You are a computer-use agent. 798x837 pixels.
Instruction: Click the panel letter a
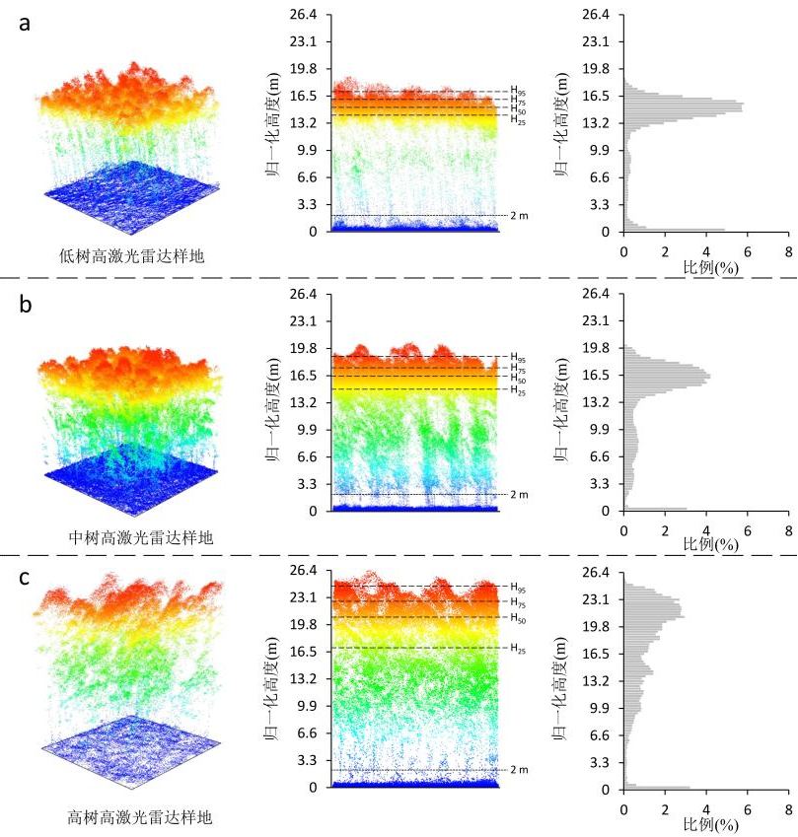tap(25, 25)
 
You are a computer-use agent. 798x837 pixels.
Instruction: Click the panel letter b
tap(25, 304)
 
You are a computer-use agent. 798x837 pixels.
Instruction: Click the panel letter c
tap(24, 578)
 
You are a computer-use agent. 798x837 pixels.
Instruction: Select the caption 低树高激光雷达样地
tap(131, 256)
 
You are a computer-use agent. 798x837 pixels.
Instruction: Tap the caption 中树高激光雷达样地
tap(141, 537)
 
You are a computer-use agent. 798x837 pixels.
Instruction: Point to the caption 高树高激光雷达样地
tap(140, 816)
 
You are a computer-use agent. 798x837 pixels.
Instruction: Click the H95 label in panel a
tap(518, 91)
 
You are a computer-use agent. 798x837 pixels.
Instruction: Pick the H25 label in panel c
tap(518, 649)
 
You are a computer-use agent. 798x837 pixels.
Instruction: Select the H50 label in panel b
tap(518, 378)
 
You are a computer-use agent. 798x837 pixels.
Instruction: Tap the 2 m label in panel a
tap(519, 216)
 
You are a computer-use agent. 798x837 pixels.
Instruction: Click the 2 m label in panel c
tap(519, 770)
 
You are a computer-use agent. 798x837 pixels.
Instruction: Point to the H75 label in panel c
tap(518, 602)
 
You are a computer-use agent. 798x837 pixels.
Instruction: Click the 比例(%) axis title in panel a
tap(711, 266)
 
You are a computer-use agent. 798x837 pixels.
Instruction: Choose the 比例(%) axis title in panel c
tap(711, 825)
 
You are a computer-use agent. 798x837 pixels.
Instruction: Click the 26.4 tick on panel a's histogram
tap(596, 15)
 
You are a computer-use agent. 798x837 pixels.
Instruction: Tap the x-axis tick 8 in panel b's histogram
tap(788, 530)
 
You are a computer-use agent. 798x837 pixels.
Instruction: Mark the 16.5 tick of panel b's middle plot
tap(304, 376)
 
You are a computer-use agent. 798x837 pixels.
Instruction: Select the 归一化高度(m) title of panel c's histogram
tap(560, 688)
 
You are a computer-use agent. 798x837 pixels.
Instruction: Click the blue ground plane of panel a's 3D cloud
tap(131, 197)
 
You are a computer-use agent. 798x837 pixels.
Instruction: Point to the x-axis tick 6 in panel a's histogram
tap(748, 252)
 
